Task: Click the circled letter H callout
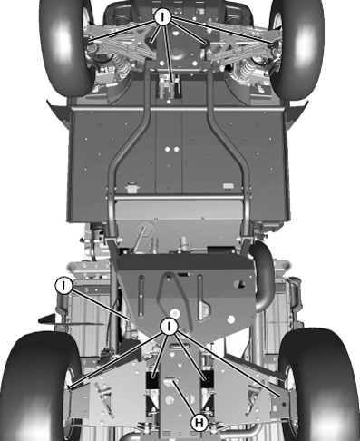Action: [199, 421]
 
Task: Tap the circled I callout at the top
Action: [163, 16]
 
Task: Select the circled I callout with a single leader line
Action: [64, 285]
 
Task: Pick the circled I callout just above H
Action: [170, 326]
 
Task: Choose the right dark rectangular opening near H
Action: [206, 386]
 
